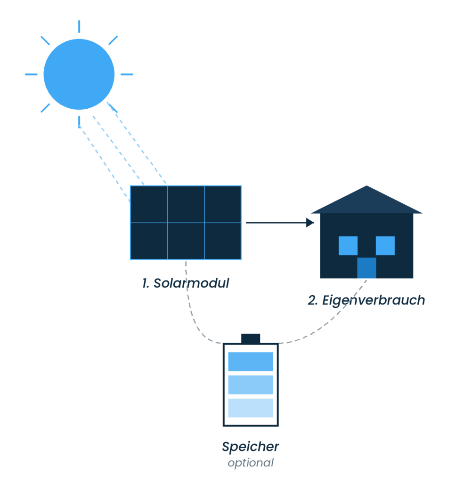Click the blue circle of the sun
coord(79,74)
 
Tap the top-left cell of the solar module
coord(148,204)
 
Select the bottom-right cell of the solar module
coord(223,241)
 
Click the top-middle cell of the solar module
coord(186,204)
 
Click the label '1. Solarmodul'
coord(186,284)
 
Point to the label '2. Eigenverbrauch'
coord(366,300)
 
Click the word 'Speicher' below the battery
coord(250,447)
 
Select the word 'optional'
coord(250,463)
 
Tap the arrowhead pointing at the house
coord(310,222)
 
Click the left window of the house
coord(348,246)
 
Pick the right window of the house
coord(385,246)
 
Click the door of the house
coord(366,268)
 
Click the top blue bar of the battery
coord(251,361)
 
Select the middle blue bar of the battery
coord(251,385)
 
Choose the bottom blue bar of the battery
coord(251,408)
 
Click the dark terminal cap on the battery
coord(251,338)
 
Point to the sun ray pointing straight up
coord(79,26)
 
